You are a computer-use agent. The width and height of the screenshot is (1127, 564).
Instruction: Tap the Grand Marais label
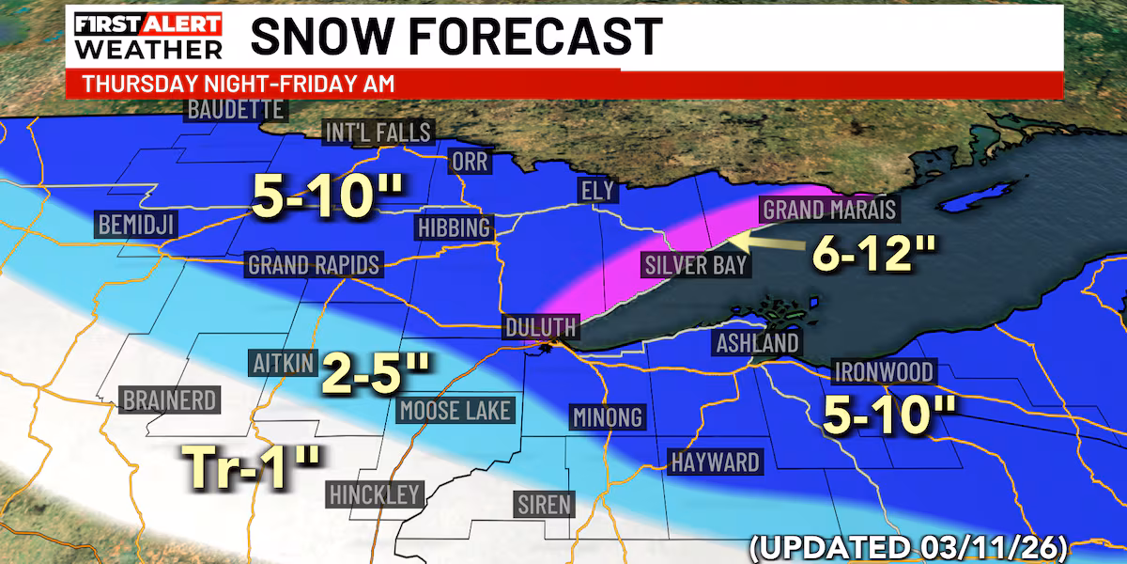point(829,209)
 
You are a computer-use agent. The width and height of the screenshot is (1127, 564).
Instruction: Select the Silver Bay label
point(696,264)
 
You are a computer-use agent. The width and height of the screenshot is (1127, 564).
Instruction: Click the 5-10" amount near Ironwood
point(888,414)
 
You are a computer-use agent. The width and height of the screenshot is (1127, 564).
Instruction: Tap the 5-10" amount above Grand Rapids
point(328,196)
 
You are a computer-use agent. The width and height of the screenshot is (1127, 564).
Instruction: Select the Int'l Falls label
point(378,132)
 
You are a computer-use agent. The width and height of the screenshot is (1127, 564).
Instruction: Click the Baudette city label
point(235,109)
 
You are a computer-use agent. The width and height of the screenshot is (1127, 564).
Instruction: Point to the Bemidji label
point(136,225)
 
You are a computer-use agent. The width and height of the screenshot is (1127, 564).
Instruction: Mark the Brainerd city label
point(170,400)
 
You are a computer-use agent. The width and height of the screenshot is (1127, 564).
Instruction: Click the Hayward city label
point(715,462)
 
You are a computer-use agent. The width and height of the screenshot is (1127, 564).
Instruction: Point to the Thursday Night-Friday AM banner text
point(237,83)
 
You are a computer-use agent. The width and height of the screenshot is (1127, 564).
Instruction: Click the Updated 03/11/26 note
point(934,545)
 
